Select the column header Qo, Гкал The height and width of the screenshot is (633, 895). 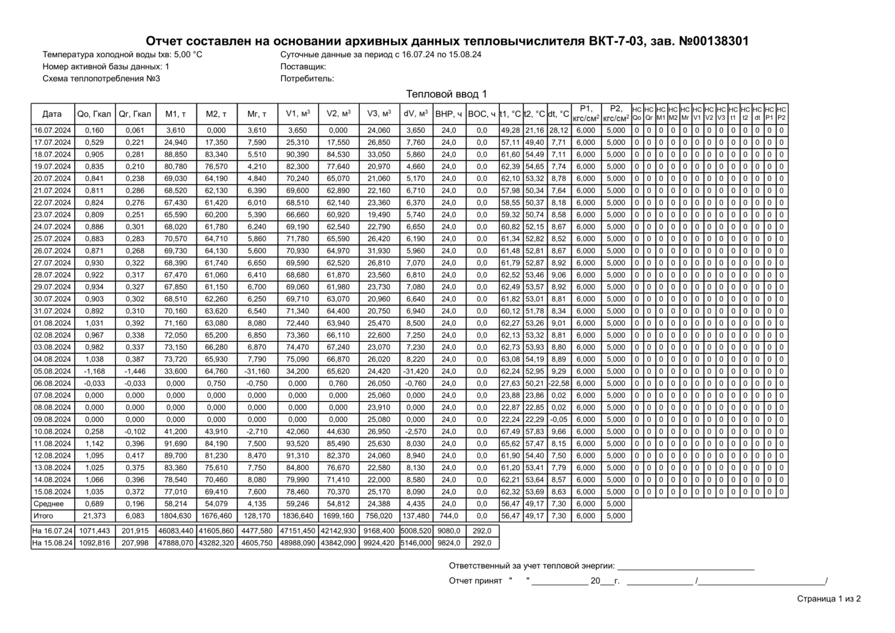(94, 114)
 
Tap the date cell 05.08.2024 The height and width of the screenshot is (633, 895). (53, 371)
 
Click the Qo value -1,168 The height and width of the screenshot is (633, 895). (94, 371)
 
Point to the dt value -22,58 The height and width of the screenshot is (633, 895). (558, 383)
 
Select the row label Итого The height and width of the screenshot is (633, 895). (44, 515)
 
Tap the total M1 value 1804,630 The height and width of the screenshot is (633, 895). (175, 515)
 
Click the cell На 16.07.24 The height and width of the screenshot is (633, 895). (53, 530)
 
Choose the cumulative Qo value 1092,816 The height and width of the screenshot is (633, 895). (94, 543)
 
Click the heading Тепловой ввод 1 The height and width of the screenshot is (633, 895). (446, 94)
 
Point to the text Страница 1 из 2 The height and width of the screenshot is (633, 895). (829, 599)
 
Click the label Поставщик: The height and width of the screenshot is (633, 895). (303, 66)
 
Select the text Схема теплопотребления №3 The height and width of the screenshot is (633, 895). (101, 78)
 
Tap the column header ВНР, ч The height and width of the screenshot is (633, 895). (449, 114)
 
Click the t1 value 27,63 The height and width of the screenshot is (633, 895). (510, 383)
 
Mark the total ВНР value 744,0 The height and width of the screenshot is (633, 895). (449, 515)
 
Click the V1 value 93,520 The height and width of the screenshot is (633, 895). (297, 443)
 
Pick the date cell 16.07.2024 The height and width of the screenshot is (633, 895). (53, 130)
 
